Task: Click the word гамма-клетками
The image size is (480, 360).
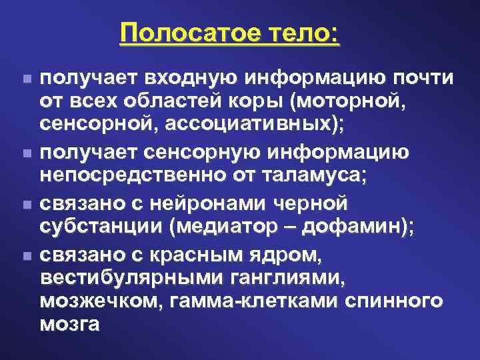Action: tap(257, 301)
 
